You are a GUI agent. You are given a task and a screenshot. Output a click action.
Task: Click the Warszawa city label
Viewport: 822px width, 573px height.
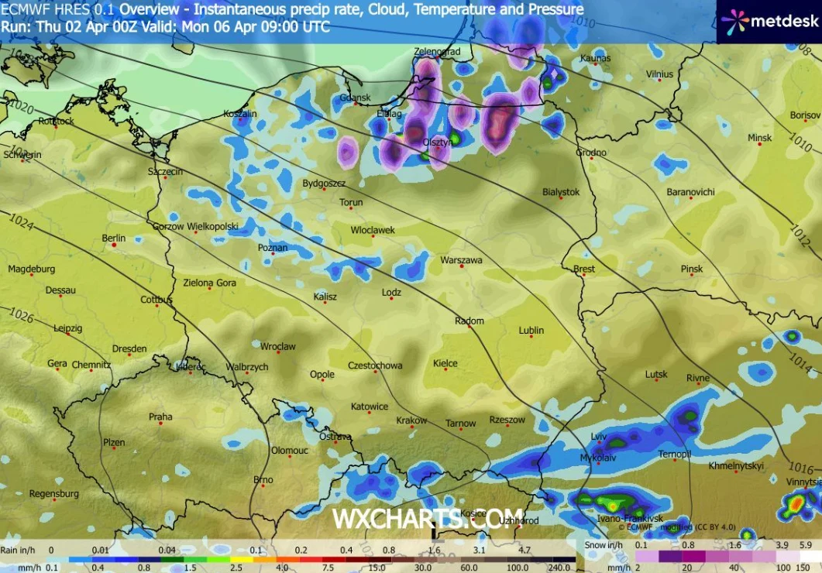click(x=461, y=260)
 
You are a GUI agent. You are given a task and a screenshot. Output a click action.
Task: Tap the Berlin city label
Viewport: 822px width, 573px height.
click(x=113, y=238)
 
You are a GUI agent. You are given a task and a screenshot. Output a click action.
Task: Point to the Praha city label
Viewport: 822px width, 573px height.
click(x=160, y=417)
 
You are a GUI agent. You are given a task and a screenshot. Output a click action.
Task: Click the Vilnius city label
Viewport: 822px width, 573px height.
click(x=660, y=74)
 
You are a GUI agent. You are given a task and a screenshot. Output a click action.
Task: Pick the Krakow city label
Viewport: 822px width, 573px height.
click(x=411, y=420)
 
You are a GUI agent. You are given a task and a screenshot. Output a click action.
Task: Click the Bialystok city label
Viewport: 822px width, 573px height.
click(x=561, y=191)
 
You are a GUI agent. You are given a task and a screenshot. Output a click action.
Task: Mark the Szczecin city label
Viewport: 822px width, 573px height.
click(x=166, y=171)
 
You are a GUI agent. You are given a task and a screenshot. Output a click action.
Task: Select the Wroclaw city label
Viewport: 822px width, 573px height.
click(x=278, y=346)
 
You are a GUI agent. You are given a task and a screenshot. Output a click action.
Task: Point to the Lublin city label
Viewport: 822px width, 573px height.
click(x=531, y=330)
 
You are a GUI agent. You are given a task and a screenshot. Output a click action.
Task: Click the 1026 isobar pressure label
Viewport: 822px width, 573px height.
click(x=22, y=315)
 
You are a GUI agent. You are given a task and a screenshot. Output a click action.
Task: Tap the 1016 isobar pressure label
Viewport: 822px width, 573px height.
click(x=802, y=467)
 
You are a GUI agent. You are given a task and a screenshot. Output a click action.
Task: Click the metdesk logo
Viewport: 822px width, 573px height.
click(x=768, y=21)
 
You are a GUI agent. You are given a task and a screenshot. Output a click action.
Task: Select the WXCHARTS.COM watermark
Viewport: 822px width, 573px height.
click(x=428, y=518)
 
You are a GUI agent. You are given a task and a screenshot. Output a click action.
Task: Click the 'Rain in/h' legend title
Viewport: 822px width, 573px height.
click(x=19, y=550)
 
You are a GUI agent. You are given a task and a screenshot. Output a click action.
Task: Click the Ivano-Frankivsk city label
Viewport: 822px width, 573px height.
click(x=630, y=518)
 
